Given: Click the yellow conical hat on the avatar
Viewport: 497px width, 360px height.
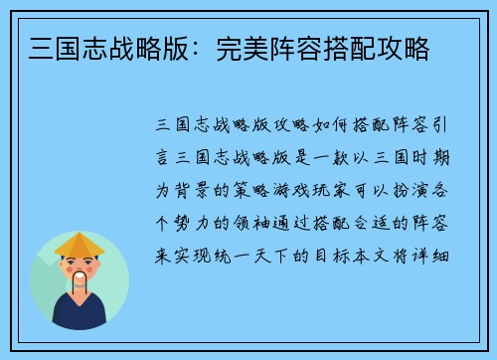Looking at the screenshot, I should (80, 245).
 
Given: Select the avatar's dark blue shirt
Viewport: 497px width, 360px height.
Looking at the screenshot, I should (80, 314).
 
